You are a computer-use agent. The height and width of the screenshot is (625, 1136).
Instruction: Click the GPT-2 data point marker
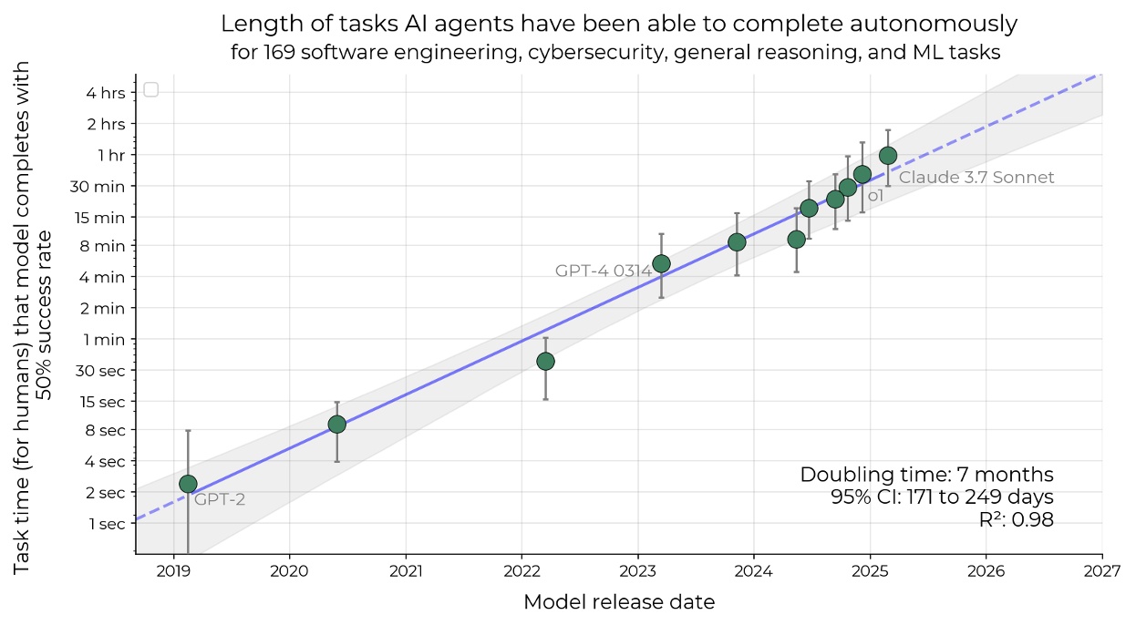click(188, 484)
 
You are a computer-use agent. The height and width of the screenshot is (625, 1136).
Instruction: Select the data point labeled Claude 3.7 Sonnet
click(888, 156)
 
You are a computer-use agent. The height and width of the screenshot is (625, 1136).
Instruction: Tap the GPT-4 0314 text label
click(603, 271)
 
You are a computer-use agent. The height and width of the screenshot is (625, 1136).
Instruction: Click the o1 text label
click(875, 196)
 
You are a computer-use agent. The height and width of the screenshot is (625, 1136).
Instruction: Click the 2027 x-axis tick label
click(1102, 571)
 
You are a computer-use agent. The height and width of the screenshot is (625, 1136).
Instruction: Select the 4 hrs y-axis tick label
click(107, 92)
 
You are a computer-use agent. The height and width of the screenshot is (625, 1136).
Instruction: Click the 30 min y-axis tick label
click(99, 186)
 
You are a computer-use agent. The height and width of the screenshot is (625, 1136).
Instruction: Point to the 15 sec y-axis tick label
click(102, 401)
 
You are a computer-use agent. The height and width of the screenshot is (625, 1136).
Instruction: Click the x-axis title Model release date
click(619, 602)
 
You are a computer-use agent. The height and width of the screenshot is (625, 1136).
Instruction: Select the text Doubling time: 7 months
click(926, 475)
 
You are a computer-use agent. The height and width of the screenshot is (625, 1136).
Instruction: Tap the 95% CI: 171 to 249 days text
click(942, 497)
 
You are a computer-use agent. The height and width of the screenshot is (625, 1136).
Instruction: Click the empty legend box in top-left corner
click(151, 89)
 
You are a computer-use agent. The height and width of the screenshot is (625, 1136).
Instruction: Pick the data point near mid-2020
click(336, 425)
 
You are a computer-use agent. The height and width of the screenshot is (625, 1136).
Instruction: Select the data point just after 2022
click(545, 362)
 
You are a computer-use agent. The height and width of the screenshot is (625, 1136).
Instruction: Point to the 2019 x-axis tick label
click(173, 571)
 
